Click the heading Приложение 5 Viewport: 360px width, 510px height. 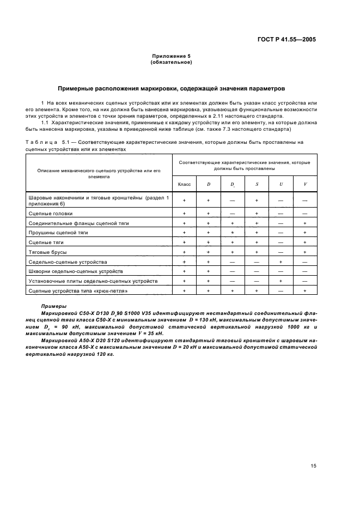tap(171, 56)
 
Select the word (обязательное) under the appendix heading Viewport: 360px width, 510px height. tap(171, 62)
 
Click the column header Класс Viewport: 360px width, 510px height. tap(185, 184)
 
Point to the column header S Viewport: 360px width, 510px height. tap(257, 184)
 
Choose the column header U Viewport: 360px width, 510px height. tap(281, 184)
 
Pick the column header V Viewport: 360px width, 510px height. tap(305, 184)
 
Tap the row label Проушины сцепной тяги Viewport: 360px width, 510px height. tap(58, 233)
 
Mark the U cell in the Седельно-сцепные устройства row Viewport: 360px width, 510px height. tap(281, 262)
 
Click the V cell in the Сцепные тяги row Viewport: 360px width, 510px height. tap(305, 242)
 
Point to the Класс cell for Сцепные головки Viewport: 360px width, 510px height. tap(185, 214)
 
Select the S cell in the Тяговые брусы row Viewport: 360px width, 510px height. tap(257, 252)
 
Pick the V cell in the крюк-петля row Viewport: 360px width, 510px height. tap(305, 291)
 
